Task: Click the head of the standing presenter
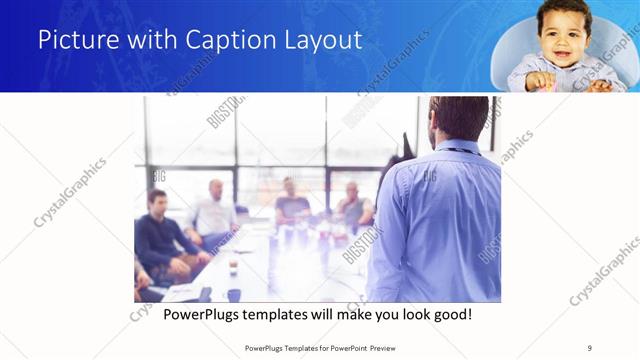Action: (x=458, y=118)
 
